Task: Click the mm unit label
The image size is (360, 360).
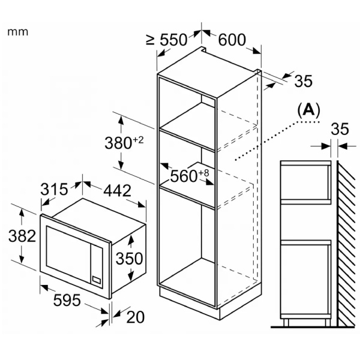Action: coord(18,31)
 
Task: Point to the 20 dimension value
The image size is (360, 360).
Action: coord(135,317)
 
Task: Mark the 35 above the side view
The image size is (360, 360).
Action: coord(340,129)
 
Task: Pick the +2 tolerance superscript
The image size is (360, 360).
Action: coord(139,140)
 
